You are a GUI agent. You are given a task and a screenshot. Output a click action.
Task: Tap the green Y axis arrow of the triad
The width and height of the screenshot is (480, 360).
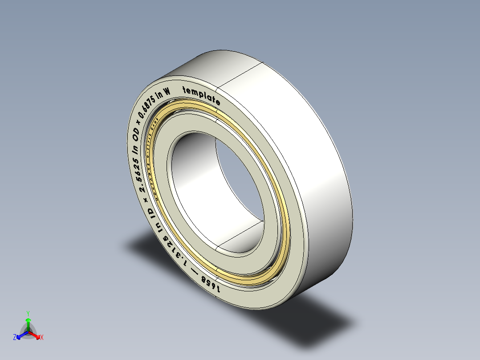tap(28, 320)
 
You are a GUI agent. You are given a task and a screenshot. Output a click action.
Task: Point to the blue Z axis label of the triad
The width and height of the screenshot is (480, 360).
tap(15, 338)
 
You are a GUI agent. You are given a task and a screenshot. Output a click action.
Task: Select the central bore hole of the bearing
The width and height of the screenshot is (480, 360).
tap(214, 192)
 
